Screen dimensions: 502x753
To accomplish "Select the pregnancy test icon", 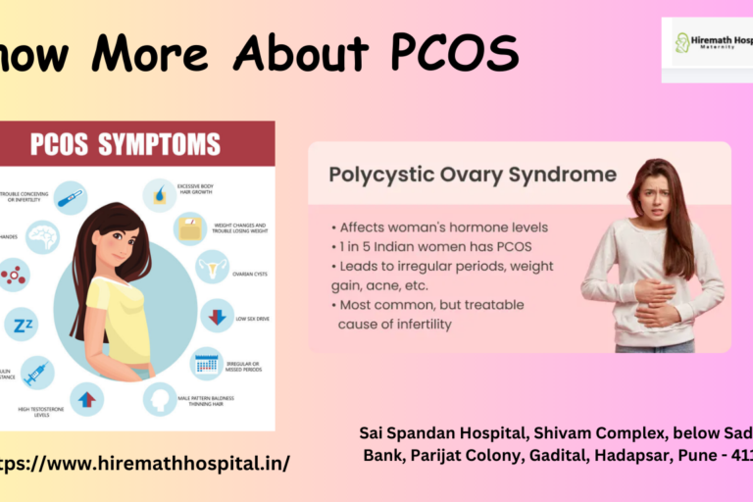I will (x=71, y=198).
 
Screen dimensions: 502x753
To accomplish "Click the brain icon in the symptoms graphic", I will (x=43, y=236).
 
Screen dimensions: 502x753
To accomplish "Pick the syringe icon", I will (x=37, y=373).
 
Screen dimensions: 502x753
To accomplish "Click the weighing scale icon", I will (x=190, y=227).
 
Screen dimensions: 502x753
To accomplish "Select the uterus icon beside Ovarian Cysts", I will (x=212, y=267).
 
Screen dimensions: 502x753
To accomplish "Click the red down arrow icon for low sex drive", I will (x=217, y=316).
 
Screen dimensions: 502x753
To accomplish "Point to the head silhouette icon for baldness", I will (x=160, y=397).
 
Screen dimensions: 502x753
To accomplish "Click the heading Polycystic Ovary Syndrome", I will (x=473, y=176).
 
